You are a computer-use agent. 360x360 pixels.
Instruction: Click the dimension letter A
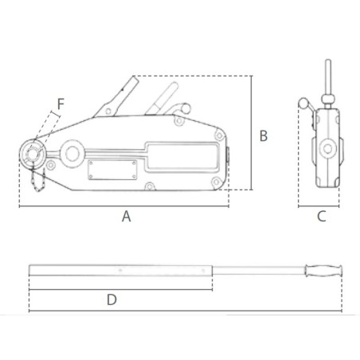click(x=127, y=217)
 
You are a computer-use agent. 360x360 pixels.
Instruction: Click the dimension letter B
click(x=264, y=135)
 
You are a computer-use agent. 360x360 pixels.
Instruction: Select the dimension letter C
click(x=322, y=217)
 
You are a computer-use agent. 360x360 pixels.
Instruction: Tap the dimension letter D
click(x=112, y=299)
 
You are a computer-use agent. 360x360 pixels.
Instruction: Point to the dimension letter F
click(x=61, y=104)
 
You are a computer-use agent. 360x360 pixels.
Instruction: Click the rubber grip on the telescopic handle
click(x=323, y=271)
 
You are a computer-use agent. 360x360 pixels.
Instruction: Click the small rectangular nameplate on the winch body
click(x=112, y=170)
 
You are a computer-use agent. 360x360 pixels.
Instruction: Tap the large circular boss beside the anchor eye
click(x=72, y=154)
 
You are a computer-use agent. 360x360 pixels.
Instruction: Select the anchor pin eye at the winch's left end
click(x=33, y=154)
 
